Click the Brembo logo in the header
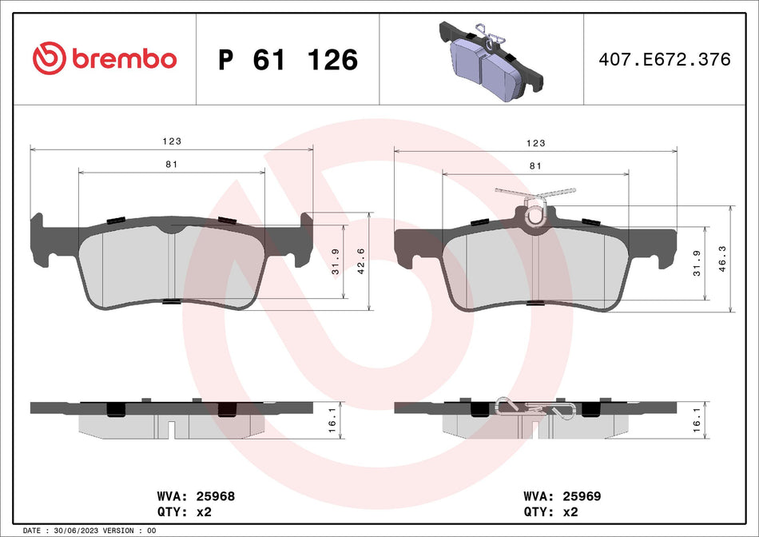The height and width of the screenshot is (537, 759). [x=104, y=59]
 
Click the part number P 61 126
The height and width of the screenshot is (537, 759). [x=288, y=60]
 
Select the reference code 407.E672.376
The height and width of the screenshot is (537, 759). [x=665, y=60]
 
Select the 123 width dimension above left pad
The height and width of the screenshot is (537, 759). [x=172, y=141]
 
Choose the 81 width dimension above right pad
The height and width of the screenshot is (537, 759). [x=535, y=165]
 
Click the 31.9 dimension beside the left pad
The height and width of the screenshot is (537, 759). [x=336, y=261]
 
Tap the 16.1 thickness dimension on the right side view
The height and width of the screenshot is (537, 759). [x=698, y=420]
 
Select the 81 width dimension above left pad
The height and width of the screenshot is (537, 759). [x=172, y=165]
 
